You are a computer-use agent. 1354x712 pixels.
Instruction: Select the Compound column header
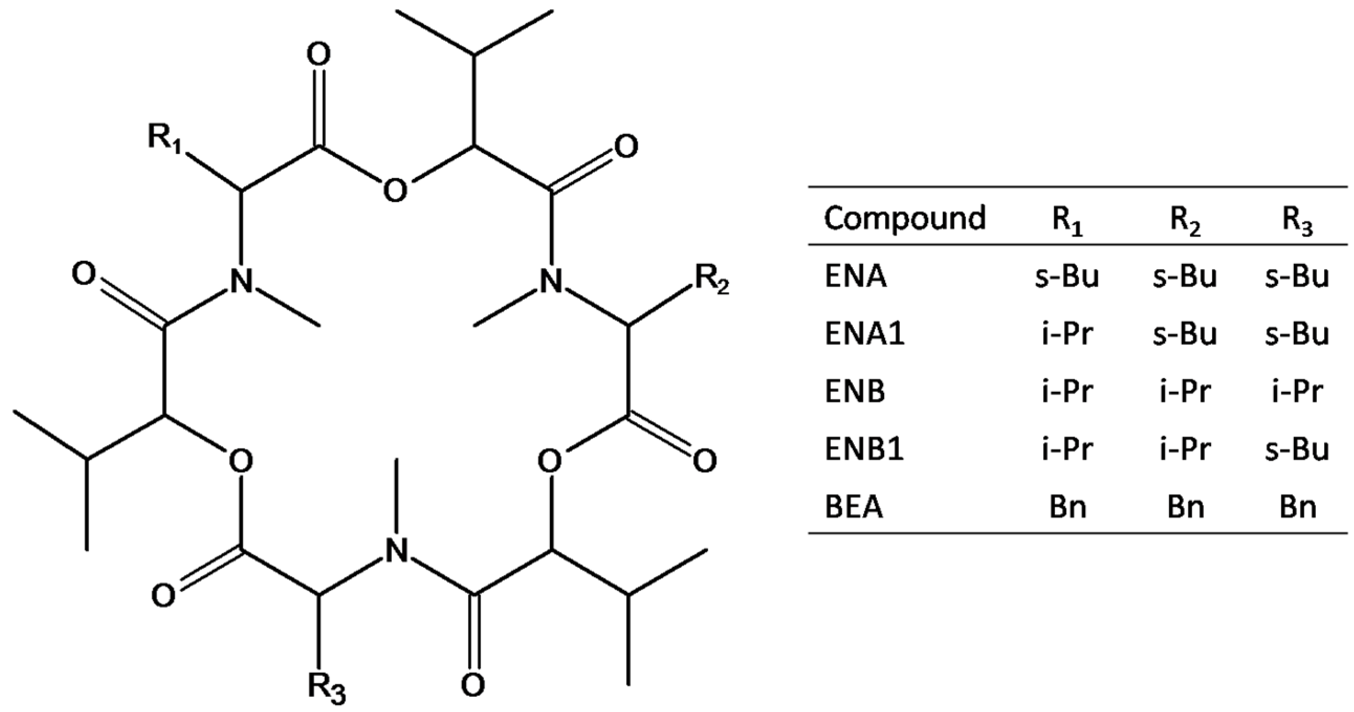pos(904,218)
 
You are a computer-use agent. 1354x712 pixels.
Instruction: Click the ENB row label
pos(855,392)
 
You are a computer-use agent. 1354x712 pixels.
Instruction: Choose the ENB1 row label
pos(864,450)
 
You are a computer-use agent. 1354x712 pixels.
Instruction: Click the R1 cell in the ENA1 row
pos(1067,334)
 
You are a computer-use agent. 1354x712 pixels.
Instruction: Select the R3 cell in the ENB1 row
pos(1297,450)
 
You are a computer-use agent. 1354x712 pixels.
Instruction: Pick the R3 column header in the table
pos(1297,221)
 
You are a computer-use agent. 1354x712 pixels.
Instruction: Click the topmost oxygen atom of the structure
pos(318,54)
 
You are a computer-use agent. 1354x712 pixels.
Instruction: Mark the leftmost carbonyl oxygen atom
pos(84,275)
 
